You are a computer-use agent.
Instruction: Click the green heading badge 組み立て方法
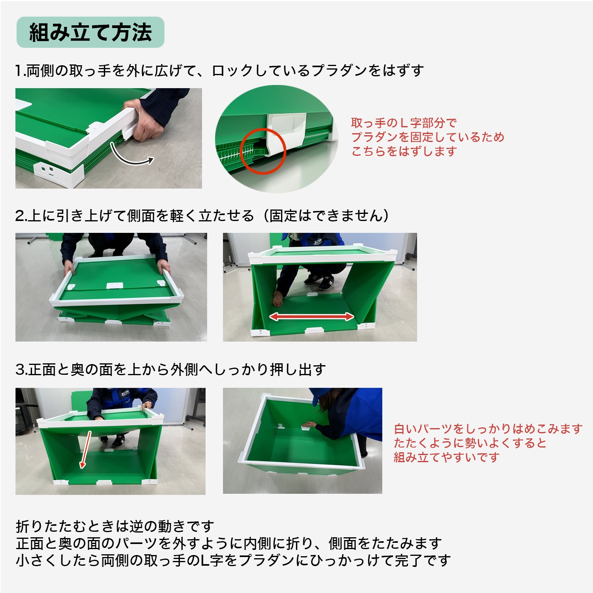pyautogui.click(x=90, y=32)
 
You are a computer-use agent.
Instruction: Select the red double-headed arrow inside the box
pyautogui.click(x=312, y=316)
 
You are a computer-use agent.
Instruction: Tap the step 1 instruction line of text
pyautogui.click(x=219, y=71)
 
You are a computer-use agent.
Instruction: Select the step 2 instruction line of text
pyautogui.click(x=202, y=216)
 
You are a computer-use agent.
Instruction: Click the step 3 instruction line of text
pyautogui.click(x=171, y=370)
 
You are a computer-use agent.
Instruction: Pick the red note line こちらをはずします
pyautogui.click(x=404, y=151)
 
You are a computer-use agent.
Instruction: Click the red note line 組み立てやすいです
pyautogui.click(x=447, y=457)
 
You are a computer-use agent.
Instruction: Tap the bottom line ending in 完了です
pyautogui.click(x=233, y=560)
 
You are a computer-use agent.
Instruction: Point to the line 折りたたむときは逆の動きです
pyautogui.click(x=115, y=526)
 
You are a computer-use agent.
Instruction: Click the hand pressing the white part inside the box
pyautogui.click(x=310, y=425)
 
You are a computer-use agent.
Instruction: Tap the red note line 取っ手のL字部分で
pyautogui.click(x=404, y=123)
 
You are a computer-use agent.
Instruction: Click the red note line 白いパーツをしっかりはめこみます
pyautogui.click(x=488, y=429)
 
